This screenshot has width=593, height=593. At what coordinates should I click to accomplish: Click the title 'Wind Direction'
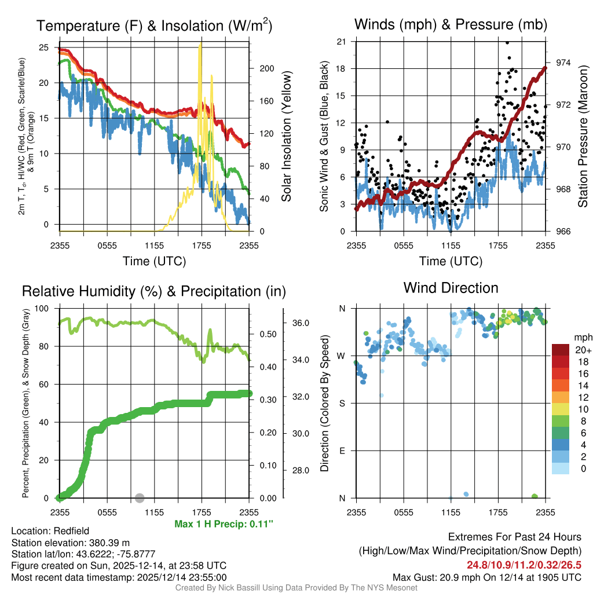451,288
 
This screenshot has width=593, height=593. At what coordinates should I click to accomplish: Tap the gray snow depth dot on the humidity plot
140,497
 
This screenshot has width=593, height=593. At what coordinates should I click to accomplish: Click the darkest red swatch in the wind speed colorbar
562,350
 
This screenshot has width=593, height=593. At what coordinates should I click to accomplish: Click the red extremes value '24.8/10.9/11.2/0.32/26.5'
524,565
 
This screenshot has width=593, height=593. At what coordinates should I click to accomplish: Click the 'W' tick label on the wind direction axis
342,356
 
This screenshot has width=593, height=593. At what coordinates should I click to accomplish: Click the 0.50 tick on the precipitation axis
267,334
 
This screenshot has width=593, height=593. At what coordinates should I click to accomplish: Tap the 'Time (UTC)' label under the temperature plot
154,261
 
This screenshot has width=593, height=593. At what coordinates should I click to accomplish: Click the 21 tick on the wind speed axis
342,41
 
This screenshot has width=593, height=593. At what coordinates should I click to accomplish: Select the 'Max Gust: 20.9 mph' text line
487,577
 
